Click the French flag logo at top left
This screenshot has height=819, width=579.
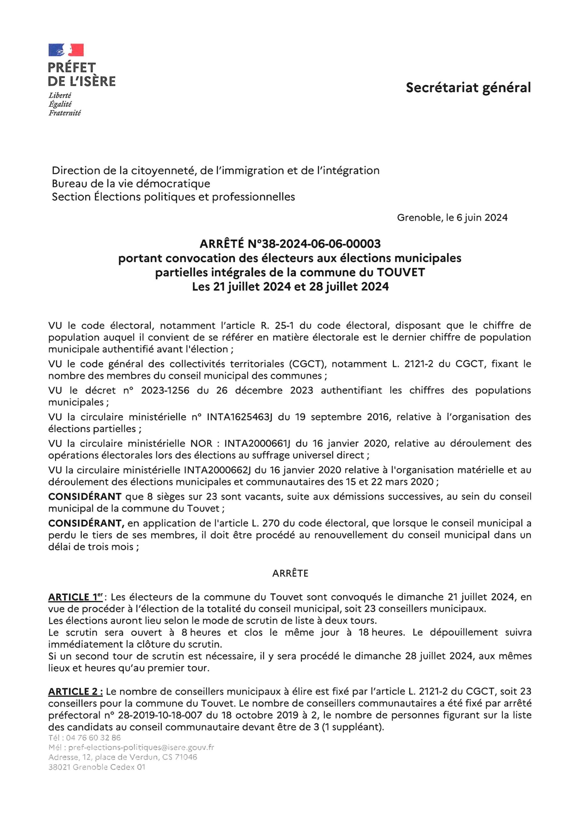coord(66,50)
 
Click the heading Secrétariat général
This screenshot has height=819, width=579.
coord(468,87)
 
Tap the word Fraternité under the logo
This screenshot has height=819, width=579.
coord(65,113)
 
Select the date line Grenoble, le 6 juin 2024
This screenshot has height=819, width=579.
coord(452,218)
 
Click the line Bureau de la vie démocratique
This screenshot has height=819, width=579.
coord(131,184)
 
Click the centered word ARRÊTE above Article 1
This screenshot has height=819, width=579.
coord(290,573)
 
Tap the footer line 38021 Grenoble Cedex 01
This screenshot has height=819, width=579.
coord(97,767)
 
